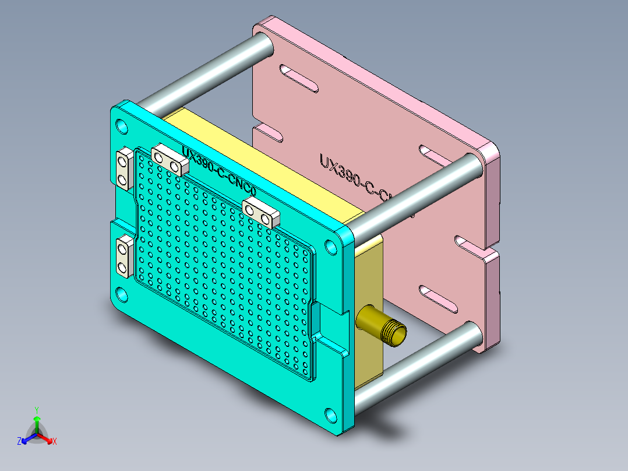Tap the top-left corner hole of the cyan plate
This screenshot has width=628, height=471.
point(122,125)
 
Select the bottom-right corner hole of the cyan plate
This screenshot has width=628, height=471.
point(331,414)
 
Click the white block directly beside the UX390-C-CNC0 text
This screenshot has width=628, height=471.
point(170,160)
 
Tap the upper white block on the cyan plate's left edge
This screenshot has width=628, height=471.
point(124,168)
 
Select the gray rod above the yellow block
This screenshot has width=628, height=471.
point(204,75)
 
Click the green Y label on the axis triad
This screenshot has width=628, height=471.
point(36,409)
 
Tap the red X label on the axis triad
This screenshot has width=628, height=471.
point(55,442)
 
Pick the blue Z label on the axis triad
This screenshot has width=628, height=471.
point(19,442)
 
